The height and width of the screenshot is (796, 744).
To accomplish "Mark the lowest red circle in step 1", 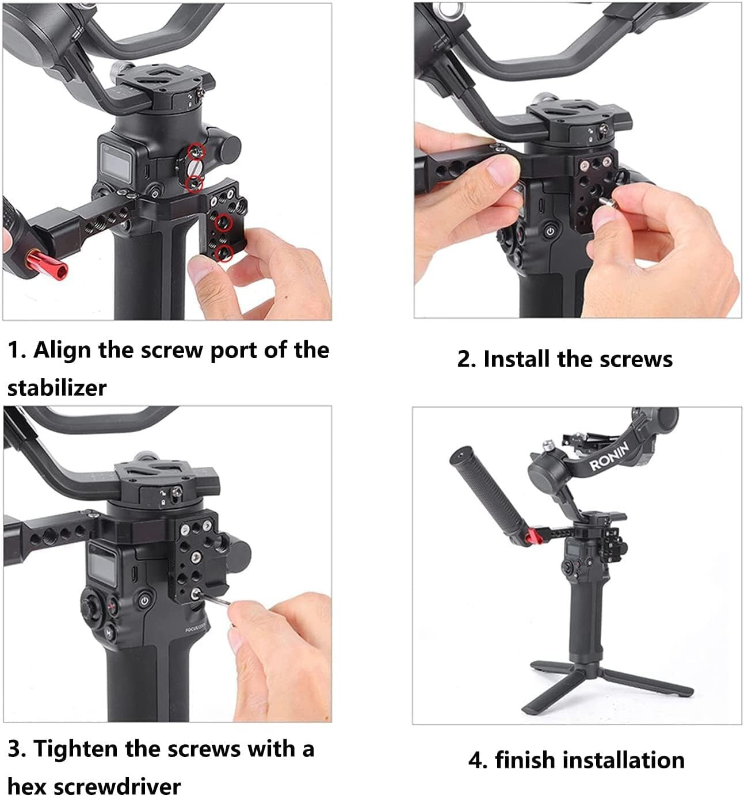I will [x=224, y=252].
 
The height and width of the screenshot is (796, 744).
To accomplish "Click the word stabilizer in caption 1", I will [x=57, y=387].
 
